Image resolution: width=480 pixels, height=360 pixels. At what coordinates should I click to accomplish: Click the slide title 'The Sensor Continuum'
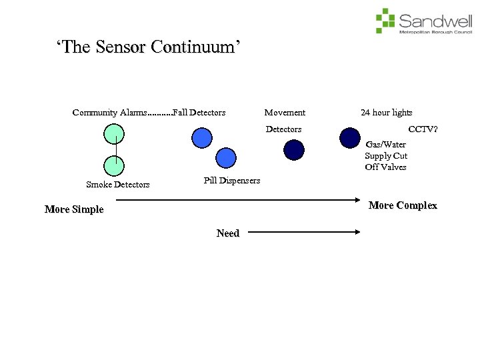tap(148, 48)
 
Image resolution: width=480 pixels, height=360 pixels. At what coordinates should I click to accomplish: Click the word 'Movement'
tap(285, 113)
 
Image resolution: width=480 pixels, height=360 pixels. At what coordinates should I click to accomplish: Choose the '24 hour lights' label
tap(387, 113)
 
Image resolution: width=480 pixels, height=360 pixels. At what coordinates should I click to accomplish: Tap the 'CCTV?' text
tap(423, 129)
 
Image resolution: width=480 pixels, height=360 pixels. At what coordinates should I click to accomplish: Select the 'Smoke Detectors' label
tap(118, 185)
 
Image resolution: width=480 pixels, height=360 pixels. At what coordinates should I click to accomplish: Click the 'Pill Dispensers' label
tap(231, 181)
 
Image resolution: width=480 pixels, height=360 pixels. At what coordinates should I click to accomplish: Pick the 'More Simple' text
tap(74, 209)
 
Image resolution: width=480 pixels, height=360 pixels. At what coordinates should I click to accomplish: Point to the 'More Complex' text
tap(403, 205)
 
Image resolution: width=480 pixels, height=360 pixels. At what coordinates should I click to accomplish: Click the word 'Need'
tap(228, 233)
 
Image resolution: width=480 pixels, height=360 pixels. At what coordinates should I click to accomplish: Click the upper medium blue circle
tap(202, 137)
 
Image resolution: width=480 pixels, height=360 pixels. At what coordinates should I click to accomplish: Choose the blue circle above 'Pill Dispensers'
tap(226, 158)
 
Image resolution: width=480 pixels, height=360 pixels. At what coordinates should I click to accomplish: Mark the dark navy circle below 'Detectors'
tap(294, 150)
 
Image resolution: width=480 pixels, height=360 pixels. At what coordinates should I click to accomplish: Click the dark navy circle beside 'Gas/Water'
tap(349, 137)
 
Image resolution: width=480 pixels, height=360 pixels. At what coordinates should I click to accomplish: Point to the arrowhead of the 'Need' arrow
tap(357, 232)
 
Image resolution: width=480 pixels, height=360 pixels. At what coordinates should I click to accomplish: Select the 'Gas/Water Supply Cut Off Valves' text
tap(386, 156)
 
